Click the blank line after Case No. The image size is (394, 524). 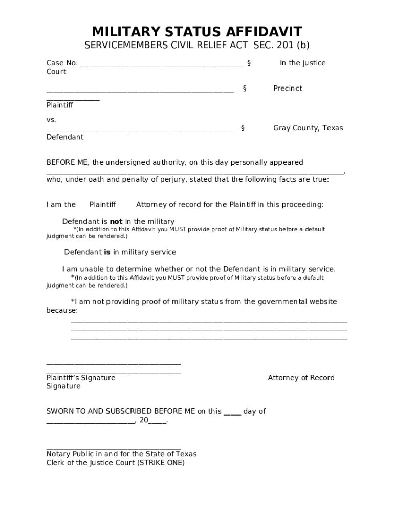161,64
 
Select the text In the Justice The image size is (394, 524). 302,63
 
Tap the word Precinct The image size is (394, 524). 287,89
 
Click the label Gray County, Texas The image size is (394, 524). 308,128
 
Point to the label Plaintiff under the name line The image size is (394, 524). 59,105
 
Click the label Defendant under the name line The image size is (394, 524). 64,137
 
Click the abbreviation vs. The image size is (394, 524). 51,120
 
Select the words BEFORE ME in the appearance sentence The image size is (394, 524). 68,162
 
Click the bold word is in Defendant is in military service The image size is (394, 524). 107,252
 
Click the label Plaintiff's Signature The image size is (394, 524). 80,378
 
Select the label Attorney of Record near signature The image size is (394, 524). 301,378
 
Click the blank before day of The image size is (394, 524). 232,412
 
